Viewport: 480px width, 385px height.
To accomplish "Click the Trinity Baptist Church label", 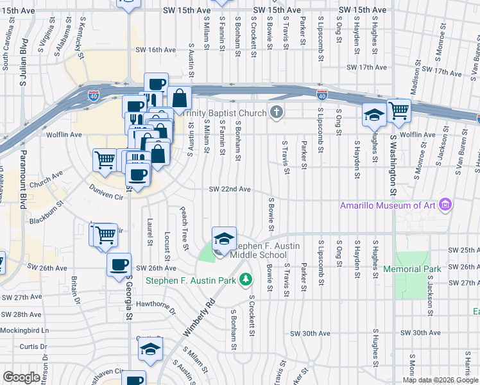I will tap(225, 114).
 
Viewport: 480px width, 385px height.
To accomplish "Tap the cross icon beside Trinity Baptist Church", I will tap(277, 114).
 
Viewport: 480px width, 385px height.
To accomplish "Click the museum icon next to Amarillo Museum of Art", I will tap(447, 205).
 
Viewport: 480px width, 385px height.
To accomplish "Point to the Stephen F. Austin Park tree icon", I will tap(244, 279).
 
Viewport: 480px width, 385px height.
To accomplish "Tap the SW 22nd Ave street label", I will tap(228, 189).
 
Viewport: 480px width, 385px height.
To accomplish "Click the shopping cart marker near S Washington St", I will tap(399, 110).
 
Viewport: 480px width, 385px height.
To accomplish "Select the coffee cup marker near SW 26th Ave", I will tap(119, 265).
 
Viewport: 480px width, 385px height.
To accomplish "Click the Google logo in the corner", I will tap(21, 377).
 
